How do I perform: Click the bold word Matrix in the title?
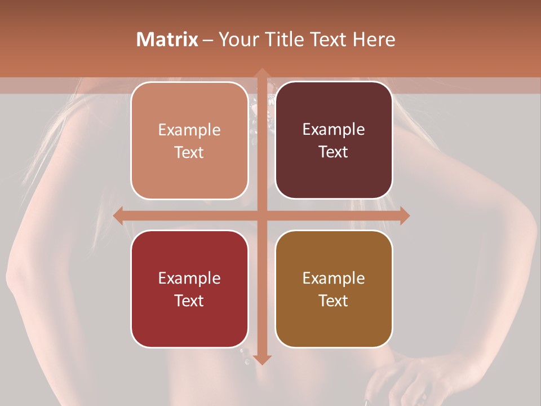coord(167,39)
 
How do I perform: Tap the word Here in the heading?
coord(374,39)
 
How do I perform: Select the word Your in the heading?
coord(236,39)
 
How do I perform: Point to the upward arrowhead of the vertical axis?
coord(261,73)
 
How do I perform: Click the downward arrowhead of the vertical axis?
coord(261,359)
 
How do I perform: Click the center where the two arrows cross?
coord(261,215)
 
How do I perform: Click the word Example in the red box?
coord(189,278)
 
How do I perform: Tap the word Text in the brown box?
coord(334,301)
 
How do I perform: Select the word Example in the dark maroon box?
coord(334,130)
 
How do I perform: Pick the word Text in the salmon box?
coord(189,152)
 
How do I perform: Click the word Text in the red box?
coord(189,301)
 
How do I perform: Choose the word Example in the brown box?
coord(334,278)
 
